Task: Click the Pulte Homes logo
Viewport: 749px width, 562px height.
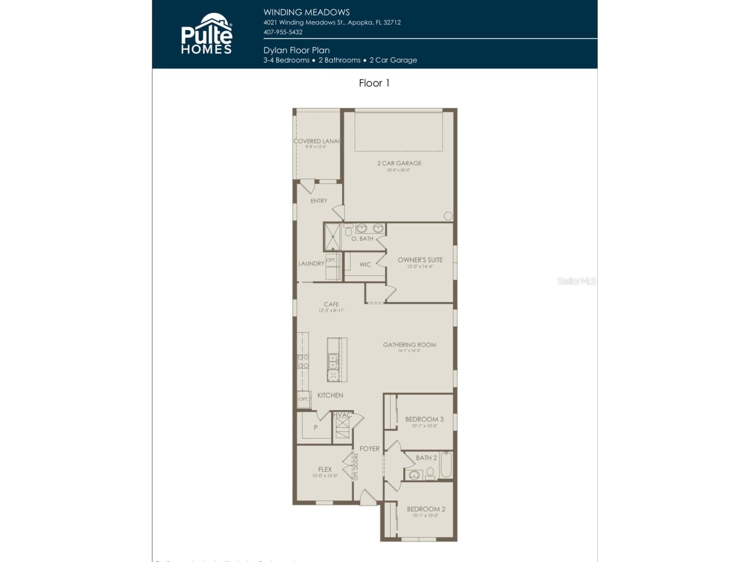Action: (x=207, y=34)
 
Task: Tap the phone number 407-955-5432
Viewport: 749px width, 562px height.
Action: (x=283, y=32)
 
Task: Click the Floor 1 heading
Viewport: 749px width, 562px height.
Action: (x=374, y=83)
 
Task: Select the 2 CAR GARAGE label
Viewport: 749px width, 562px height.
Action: (x=399, y=163)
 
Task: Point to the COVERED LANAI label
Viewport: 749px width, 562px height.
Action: (x=316, y=141)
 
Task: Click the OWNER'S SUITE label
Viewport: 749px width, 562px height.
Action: (x=420, y=260)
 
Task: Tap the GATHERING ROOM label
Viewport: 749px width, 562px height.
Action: (x=409, y=345)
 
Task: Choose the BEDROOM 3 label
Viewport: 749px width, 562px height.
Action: (x=424, y=419)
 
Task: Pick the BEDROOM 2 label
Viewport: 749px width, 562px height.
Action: (x=426, y=509)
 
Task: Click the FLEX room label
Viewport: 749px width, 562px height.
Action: (x=325, y=469)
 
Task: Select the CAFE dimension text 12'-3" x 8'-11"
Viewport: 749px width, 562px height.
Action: (x=331, y=310)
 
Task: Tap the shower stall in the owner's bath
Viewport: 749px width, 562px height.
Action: (x=332, y=237)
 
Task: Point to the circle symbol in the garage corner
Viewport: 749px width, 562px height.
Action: (x=448, y=216)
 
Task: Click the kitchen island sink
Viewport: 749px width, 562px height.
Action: (x=333, y=361)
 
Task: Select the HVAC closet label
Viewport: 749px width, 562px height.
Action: (x=342, y=415)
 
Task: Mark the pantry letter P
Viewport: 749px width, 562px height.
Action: (x=316, y=427)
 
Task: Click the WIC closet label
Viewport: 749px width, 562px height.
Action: (x=365, y=264)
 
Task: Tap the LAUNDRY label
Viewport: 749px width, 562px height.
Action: (x=311, y=264)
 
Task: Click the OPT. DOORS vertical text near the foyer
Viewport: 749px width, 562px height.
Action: (x=356, y=467)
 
